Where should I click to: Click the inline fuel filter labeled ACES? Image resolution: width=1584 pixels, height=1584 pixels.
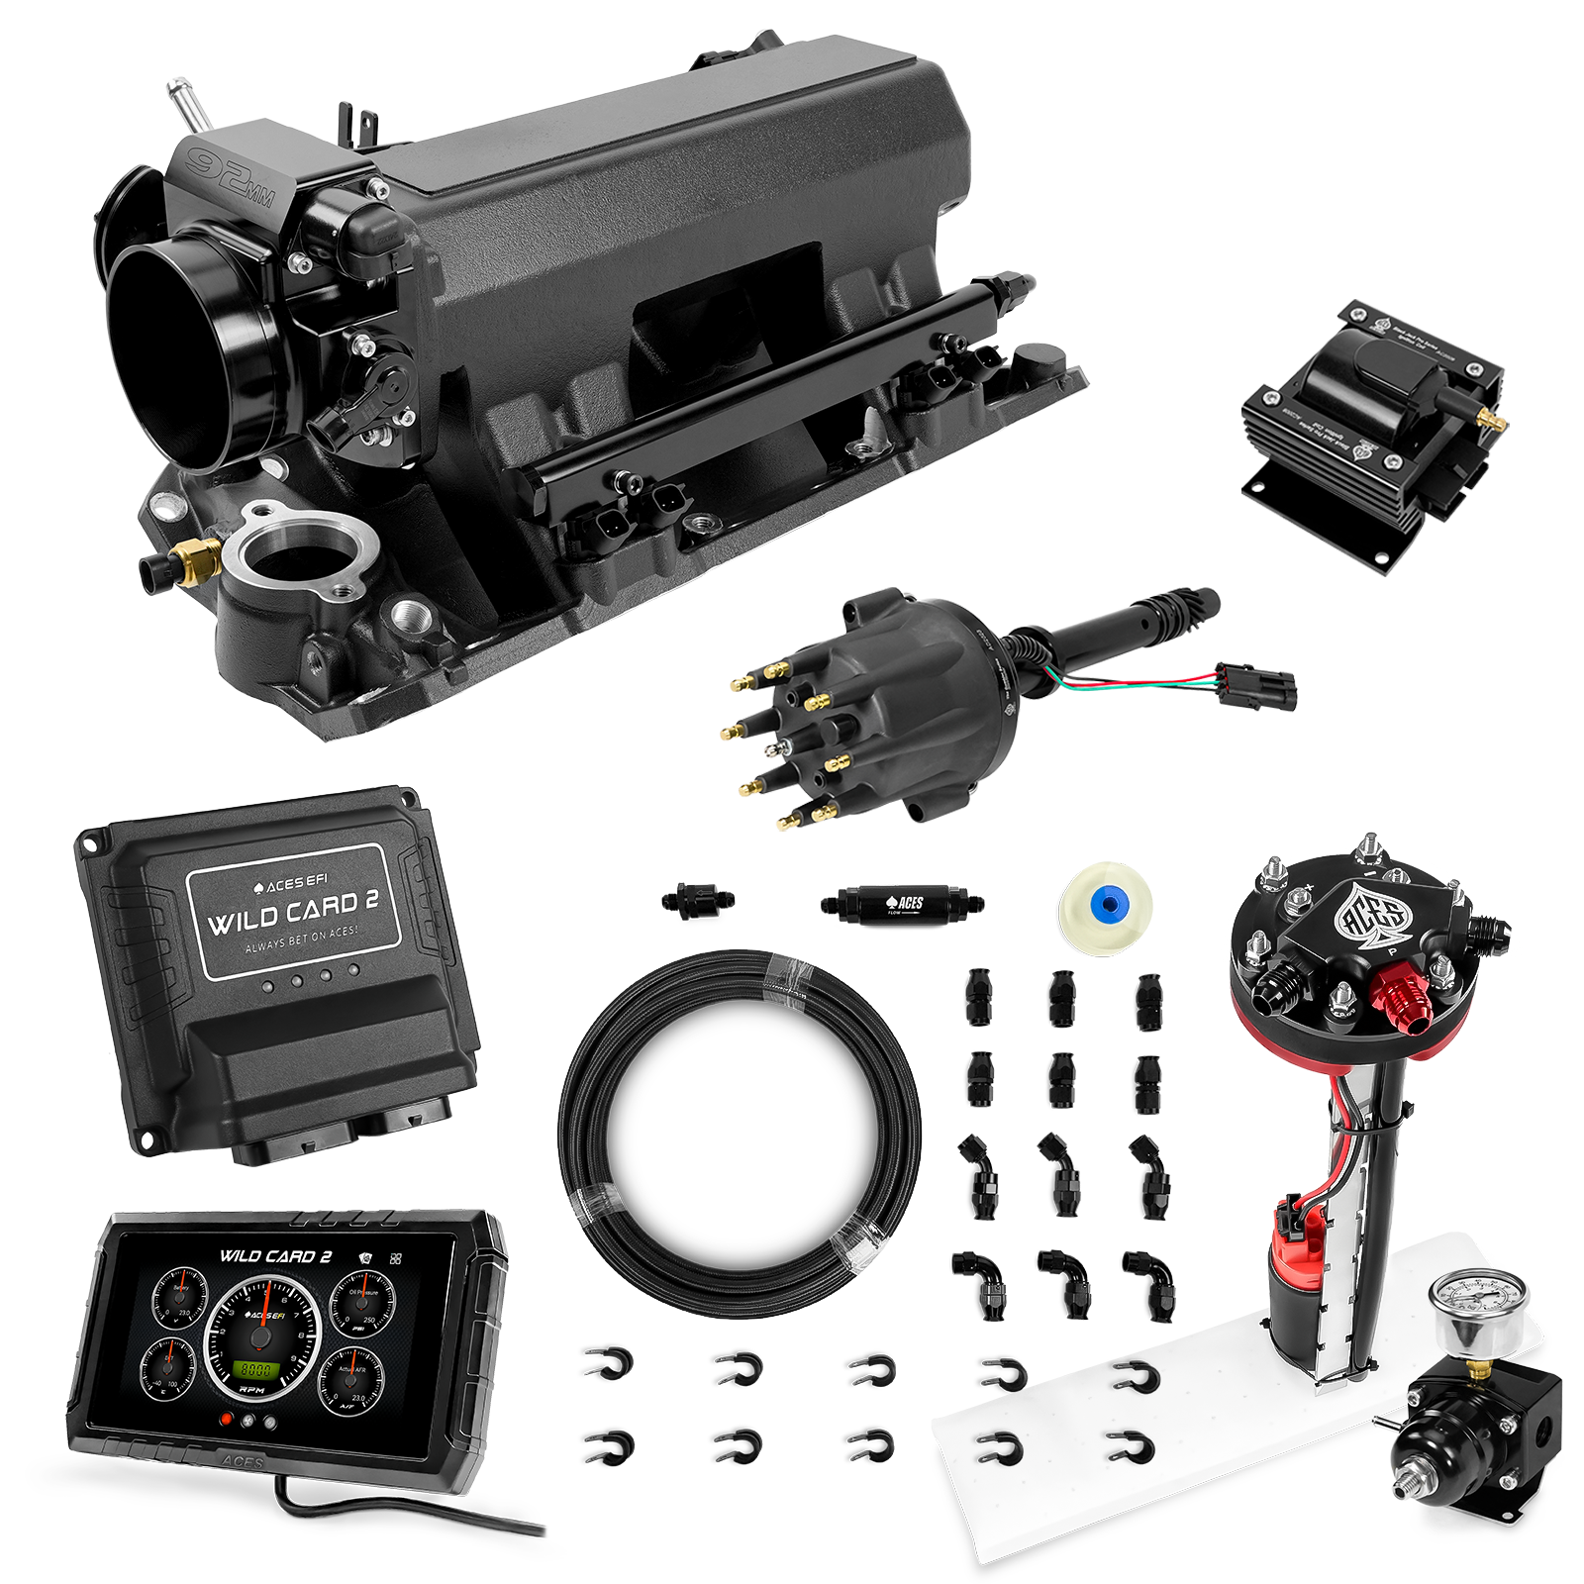[x=901, y=903]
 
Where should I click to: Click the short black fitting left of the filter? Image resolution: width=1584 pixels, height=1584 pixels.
[x=698, y=903]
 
